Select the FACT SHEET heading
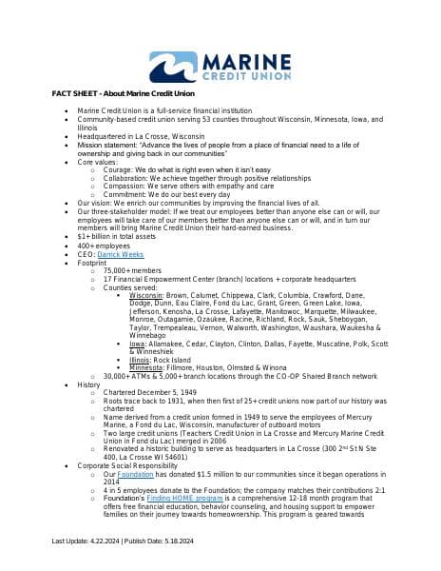coord(123,93)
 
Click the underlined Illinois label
coord(141,360)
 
